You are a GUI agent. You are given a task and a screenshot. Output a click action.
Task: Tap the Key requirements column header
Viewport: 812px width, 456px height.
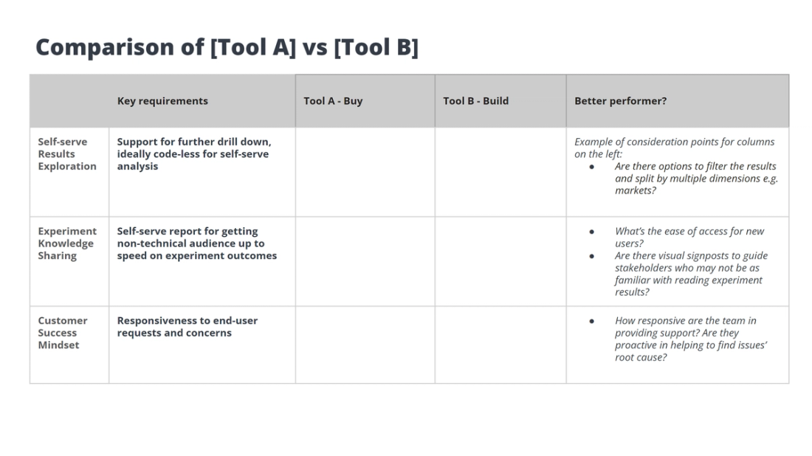(162, 101)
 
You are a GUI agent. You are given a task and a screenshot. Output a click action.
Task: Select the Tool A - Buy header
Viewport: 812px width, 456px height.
(333, 101)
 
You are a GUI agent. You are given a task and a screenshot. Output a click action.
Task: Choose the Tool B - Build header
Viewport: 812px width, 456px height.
(475, 101)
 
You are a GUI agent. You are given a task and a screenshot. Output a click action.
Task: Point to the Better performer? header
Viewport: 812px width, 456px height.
(620, 101)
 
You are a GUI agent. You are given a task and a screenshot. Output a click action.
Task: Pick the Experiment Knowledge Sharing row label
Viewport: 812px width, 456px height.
(67, 243)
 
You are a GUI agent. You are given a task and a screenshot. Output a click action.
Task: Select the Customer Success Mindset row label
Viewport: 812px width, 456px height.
(63, 333)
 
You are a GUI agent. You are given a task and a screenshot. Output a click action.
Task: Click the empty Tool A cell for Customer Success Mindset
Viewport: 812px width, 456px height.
(365, 345)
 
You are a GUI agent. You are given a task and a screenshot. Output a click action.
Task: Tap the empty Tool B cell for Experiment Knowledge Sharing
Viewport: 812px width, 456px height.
(500, 261)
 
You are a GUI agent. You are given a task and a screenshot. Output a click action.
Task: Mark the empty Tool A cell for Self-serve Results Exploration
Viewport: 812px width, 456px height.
(365, 172)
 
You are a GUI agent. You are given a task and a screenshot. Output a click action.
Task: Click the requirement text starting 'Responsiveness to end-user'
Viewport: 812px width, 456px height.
(187, 327)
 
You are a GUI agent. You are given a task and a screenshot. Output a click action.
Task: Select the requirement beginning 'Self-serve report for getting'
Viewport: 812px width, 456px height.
(197, 243)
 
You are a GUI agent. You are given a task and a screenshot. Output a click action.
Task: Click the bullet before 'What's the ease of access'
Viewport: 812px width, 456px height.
(592, 232)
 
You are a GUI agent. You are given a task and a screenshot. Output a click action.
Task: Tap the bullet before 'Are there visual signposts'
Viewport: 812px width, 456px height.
(592, 256)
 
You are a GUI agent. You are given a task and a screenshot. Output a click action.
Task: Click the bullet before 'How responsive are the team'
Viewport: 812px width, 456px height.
(592, 321)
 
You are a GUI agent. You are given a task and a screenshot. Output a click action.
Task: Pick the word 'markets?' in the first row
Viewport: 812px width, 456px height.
(636, 190)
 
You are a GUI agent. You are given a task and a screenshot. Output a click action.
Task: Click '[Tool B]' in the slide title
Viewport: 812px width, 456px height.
(376, 47)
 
